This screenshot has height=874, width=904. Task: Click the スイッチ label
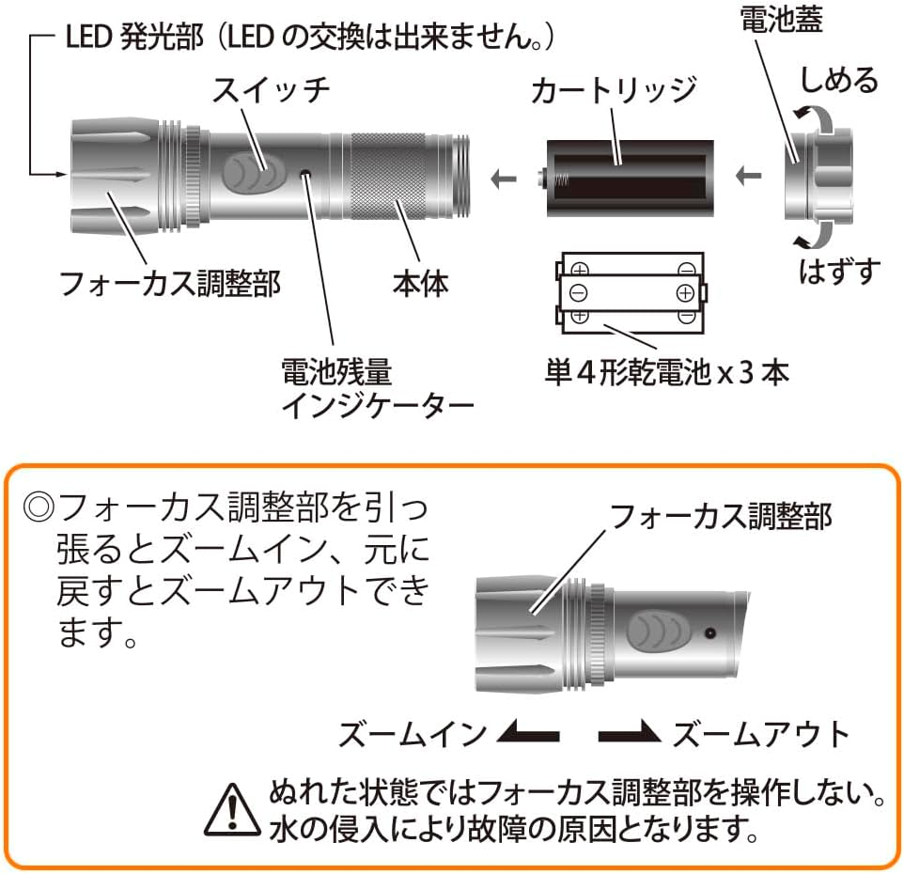(x=271, y=92)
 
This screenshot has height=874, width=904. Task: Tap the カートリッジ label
(x=613, y=92)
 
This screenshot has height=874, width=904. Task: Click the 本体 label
(x=420, y=282)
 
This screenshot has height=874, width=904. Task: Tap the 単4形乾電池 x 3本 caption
(x=667, y=372)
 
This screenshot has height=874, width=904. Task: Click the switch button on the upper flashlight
(x=256, y=173)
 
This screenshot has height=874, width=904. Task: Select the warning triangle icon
(x=229, y=807)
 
